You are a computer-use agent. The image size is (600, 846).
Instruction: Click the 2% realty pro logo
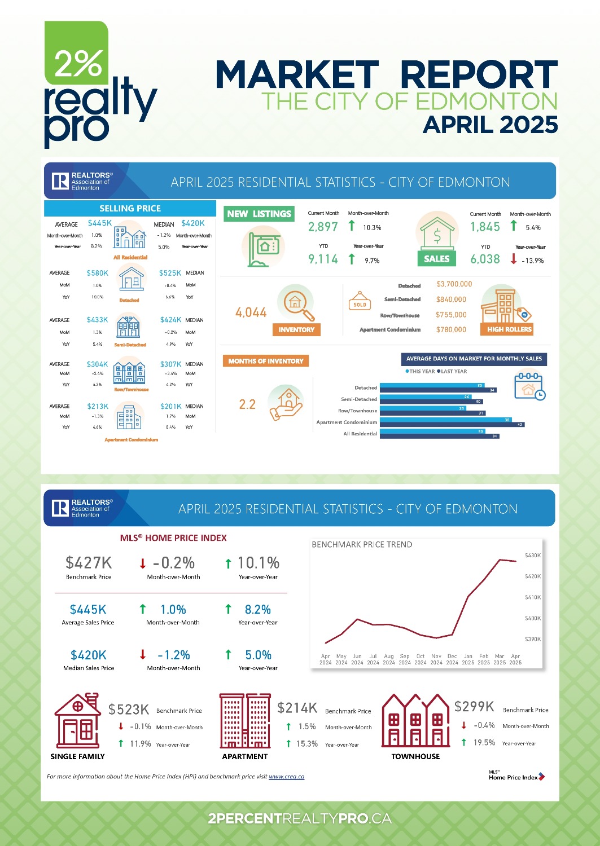pyautogui.click(x=100, y=85)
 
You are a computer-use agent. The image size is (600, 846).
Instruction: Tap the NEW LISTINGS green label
pyautogui.click(x=259, y=214)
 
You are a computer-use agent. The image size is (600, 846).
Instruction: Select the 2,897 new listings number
pyautogui.click(x=323, y=227)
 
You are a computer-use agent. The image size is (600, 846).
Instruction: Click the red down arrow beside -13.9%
pyautogui.click(x=514, y=259)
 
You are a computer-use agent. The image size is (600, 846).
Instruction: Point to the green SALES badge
pyautogui.click(x=437, y=259)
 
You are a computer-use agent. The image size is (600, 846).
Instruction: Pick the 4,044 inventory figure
pyautogui.click(x=251, y=312)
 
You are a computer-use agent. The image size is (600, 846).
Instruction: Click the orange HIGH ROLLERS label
pyautogui.click(x=509, y=329)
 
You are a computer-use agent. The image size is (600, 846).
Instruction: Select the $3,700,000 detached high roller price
pyautogui.click(x=454, y=284)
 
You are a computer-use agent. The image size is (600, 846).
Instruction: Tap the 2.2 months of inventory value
pyautogui.click(x=247, y=404)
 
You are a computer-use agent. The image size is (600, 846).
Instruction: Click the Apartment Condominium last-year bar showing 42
pyautogui.click(x=452, y=424)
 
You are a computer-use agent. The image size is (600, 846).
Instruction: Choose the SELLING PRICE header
pyautogui.click(x=130, y=208)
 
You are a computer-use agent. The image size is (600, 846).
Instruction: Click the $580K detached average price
pyautogui.click(x=97, y=273)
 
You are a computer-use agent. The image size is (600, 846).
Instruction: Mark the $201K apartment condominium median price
pyautogui.click(x=170, y=406)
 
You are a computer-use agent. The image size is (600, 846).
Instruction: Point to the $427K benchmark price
pyautogui.click(x=89, y=563)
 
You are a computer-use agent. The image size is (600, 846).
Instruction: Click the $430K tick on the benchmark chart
pyautogui.click(x=533, y=556)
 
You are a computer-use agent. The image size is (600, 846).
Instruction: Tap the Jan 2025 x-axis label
pyautogui.click(x=468, y=659)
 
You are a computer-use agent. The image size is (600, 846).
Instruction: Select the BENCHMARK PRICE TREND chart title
pyautogui.click(x=362, y=544)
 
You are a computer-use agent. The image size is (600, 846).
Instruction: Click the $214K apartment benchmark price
pyautogui.click(x=297, y=708)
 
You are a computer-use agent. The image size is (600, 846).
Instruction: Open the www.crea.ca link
pyautogui.click(x=286, y=777)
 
